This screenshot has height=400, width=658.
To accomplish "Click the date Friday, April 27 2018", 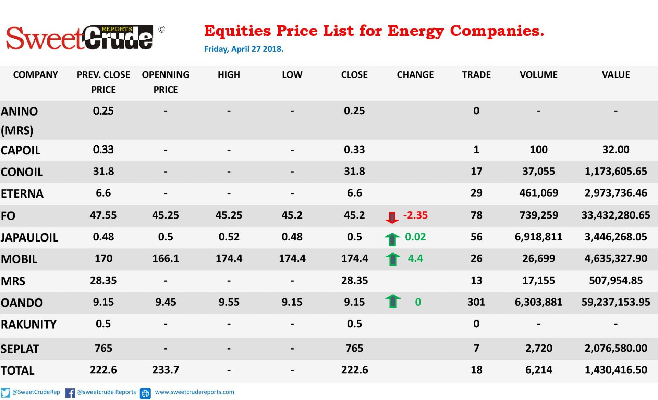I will [244, 49].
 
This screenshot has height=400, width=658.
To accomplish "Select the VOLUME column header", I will [538, 75].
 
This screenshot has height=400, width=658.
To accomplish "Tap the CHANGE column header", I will [415, 75].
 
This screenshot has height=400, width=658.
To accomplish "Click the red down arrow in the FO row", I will [392, 217].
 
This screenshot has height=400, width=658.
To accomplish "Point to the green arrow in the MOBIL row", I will [393, 259].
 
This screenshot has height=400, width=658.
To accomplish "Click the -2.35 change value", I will [415, 215].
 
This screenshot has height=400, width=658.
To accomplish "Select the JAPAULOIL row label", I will [29, 237].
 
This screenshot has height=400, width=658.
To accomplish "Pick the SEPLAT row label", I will [20, 349].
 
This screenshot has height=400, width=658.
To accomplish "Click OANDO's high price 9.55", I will [229, 302].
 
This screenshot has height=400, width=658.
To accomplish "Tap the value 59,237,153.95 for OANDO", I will [616, 302].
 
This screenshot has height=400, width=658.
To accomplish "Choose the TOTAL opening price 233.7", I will [166, 370].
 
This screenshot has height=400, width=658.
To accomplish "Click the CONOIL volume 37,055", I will [538, 171].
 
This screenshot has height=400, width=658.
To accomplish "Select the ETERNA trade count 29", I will [476, 193].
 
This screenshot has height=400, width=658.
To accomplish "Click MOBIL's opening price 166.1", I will [166, 258].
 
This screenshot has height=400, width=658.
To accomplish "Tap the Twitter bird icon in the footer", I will [5, 392].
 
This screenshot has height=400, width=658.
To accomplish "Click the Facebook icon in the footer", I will [70, 393].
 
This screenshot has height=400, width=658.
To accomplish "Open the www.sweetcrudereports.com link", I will [194, 392].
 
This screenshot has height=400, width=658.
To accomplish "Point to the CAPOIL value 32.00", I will [616, 150].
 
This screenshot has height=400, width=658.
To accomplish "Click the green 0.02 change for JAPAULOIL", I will [415, 237].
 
